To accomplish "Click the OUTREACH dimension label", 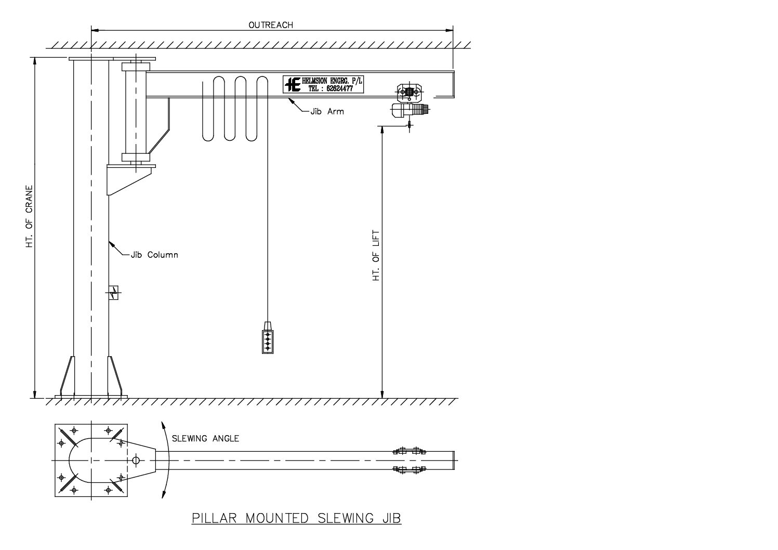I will coord(270,25).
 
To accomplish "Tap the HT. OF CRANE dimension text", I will coord(30,216).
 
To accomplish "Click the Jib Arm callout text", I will coord(327,111).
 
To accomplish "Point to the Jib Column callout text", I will coord(154,255).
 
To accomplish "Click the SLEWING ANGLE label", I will coord(205,439).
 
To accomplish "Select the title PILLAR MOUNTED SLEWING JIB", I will coord(296,518).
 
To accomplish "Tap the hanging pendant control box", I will coord(268,338).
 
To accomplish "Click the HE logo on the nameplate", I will coord(293,84).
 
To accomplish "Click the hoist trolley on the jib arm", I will coord(410,93).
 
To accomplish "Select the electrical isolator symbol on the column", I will coord(114,293).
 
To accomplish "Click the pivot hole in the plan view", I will coord(136,460).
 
